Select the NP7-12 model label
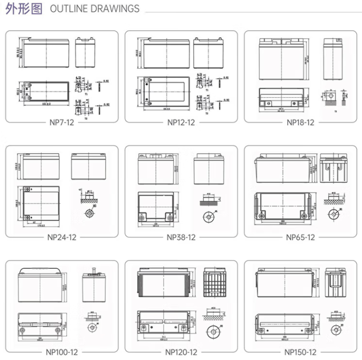click(x=62, y=122)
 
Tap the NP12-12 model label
click(x=181, y=122)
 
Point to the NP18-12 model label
click(x=300, y=122)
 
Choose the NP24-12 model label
click(x=62, y=238)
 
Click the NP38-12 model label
click(x=181, y=238)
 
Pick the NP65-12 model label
click(x=300, y=238)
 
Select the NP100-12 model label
click(x=62, y=352)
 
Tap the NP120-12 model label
click(x=181, y=352)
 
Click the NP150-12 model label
click(x=300, y=352)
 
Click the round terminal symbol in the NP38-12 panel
click(x=209, y=217)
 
